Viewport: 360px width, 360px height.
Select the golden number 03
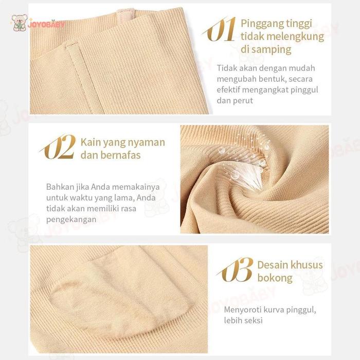coord(236,269)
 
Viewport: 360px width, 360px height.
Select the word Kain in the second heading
coord(90,141)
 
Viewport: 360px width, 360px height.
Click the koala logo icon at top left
coord(19,22)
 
